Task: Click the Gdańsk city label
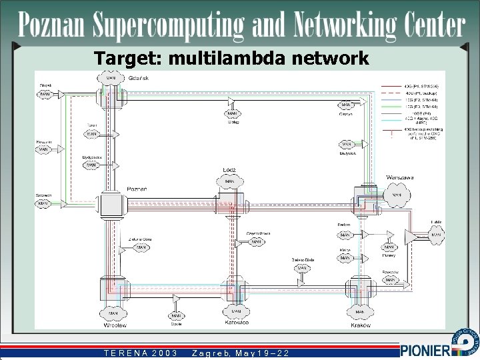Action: click(129, 79)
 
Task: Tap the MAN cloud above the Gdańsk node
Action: click(111, 78)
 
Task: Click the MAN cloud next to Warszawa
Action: click(396, 195)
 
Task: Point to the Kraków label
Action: click(361, 325)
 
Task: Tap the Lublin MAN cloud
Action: click(436, 235)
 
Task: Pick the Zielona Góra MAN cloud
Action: click(141, 247)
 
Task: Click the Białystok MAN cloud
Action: click(346, 143)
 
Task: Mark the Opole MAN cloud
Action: click(176, 316)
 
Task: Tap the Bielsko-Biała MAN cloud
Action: click(302, 268)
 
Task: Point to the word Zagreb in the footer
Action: click(209, 352)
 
